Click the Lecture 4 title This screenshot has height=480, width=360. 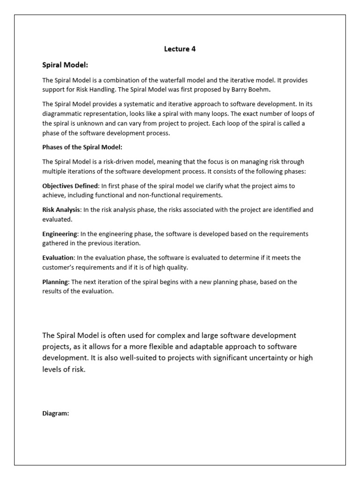[x=180, y=49]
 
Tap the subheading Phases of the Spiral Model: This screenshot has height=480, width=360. [x=82, y=147]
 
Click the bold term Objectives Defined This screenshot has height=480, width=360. [x=70, y=186]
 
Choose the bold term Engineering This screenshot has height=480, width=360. [x=60, y=233]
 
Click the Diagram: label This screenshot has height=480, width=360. [x=56, y=413]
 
